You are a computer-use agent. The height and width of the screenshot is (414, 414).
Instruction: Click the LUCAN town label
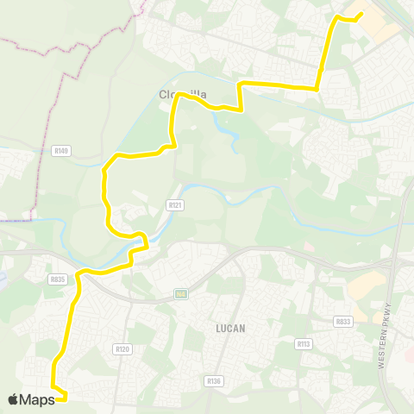coord(231,329)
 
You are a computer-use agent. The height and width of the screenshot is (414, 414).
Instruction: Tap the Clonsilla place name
coord(176,96)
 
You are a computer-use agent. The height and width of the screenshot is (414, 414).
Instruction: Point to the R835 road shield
coord(58,279)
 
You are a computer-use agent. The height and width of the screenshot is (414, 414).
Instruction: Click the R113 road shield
coord(303,343)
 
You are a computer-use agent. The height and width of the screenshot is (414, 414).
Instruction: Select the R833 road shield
coord(343,322)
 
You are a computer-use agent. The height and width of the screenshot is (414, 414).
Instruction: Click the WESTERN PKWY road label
coord(387,337)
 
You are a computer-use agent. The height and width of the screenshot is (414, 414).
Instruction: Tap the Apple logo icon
coord(14,398)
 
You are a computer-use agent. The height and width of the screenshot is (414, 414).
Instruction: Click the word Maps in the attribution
coord(38,398)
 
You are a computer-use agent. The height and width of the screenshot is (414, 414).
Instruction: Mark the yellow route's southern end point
coord(66,398)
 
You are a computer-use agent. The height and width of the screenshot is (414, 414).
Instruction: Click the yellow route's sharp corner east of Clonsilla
coord(241,84)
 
